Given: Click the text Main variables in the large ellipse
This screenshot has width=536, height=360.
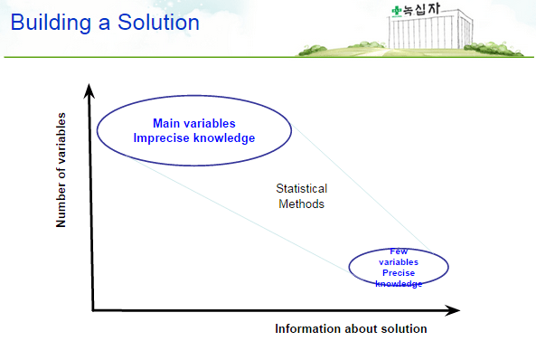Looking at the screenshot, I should (193, 123).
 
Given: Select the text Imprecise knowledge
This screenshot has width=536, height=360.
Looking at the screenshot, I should (193, 138).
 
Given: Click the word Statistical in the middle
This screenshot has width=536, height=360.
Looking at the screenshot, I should (301, 189).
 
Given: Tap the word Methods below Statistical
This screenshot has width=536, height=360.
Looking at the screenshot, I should (301, 204).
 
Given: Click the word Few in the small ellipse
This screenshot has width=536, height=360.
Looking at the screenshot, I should (399, 251).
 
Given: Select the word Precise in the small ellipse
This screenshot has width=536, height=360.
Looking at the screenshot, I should (399, 272).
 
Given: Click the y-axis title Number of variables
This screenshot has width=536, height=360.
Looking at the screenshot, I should (62, 170).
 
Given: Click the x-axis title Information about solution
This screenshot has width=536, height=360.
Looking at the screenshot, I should (351, 329).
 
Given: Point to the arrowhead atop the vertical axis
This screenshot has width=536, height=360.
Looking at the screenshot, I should (89, 89).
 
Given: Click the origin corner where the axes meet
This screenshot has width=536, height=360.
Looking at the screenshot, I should (92, 310).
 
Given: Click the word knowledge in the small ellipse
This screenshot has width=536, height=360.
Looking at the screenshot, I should (399, 283).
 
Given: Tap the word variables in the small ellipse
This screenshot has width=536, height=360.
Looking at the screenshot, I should (399, 261).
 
